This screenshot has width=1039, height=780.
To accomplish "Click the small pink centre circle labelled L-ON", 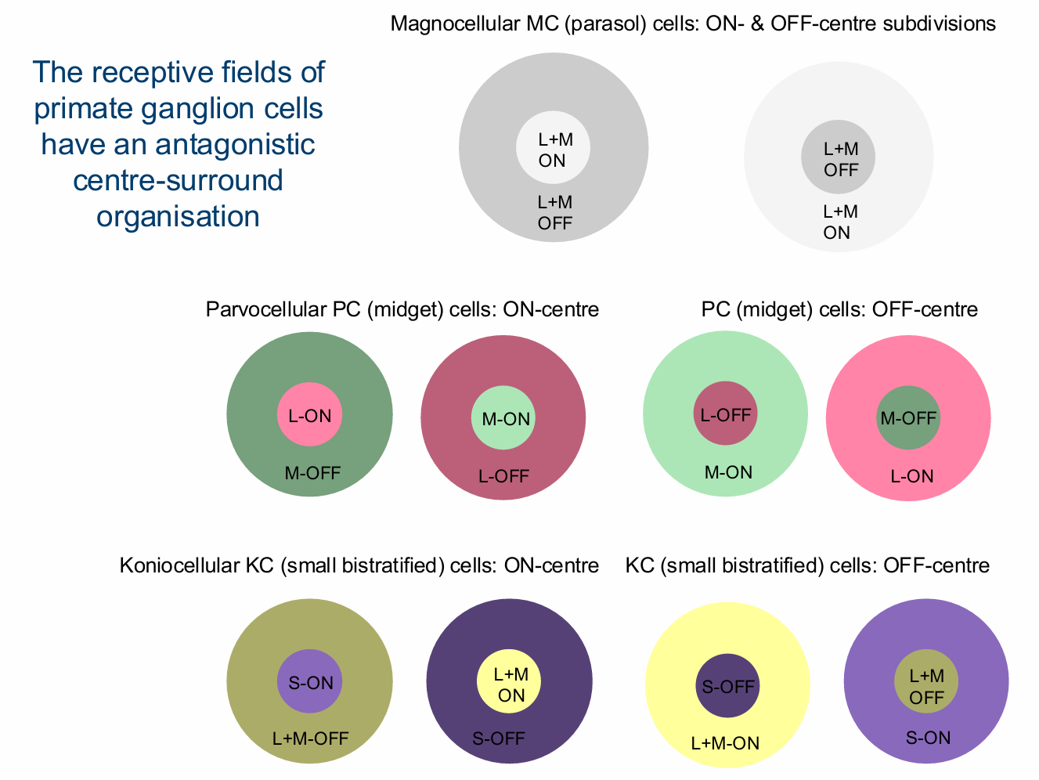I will click(x=310, y=414).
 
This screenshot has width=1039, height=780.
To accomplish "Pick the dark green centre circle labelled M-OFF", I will click(x=908, y=418).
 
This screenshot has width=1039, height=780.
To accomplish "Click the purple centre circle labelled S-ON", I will click(x=311, y=681).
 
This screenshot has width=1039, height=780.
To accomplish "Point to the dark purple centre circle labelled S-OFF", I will click(x=728, y=686).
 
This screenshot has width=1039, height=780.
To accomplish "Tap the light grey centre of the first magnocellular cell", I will click(x=553, y=149).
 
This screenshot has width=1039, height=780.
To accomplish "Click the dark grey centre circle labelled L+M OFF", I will click(x=839, y=157).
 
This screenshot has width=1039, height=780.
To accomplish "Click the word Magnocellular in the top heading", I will click(x=453, y=23).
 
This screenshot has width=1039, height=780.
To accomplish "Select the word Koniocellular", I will click(x=174, y=565).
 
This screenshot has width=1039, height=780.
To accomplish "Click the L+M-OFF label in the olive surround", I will click(x=310, y=738).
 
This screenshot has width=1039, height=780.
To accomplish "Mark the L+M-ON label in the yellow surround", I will click(x=725, y=743).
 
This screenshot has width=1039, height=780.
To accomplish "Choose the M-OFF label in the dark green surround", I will click(x=312, y=472).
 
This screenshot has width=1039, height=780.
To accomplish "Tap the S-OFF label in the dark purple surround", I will click(x=499, y=738).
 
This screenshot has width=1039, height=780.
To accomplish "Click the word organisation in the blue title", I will click(x=178, y=216).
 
